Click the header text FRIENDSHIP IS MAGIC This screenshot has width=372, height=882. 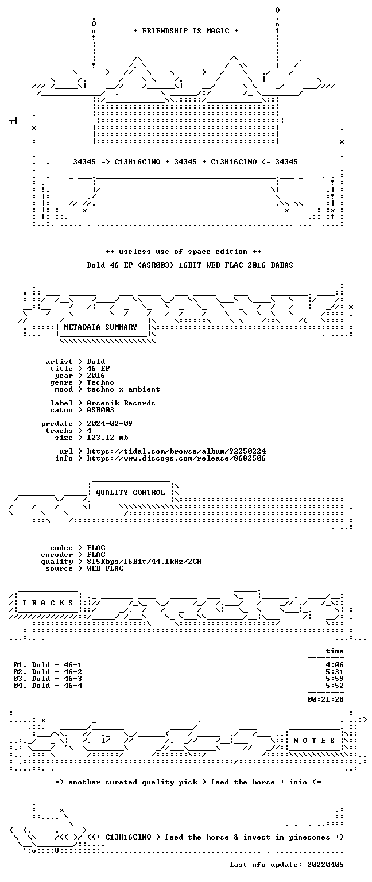[186, 30]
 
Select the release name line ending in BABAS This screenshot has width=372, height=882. [190, 265]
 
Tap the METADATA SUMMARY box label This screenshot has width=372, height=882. [100, 327]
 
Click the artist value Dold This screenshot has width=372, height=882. [96, 361]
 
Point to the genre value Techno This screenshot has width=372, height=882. [100, 382]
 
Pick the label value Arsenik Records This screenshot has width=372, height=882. [121, 403]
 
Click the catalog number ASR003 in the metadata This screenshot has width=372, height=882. [100, 410]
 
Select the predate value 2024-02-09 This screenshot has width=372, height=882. [110, 424]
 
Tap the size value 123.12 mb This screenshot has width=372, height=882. [107, 438]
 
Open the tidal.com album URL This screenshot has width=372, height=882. [176, 451]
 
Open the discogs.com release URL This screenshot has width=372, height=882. [176, 458]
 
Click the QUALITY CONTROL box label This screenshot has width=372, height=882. [130, 493]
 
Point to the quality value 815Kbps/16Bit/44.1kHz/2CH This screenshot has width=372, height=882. [144, 562]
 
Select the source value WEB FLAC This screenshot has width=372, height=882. [105, 568]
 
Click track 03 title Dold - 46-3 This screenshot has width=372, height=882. [57, 678]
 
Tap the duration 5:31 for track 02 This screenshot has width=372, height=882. [335, 672]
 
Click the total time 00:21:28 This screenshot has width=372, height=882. [325, 699]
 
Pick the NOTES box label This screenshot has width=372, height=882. [314, 741]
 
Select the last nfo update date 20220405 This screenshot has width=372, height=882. [325, 865]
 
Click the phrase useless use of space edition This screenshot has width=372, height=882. [183, 252]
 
